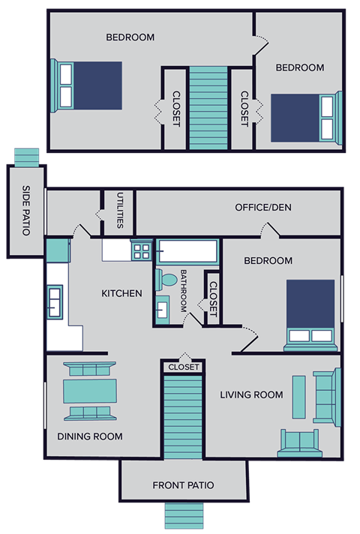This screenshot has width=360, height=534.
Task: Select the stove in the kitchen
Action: click(x=140, y=250)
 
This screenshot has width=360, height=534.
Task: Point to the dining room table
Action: click(x=90, y=391)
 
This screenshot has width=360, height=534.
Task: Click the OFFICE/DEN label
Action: click(x=262, y=208)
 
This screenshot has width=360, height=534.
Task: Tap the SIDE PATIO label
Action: click(x=25, y=211)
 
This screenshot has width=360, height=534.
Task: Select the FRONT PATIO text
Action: click(x=183, y=485)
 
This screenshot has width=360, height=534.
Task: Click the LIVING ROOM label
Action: click(x=251, y=394)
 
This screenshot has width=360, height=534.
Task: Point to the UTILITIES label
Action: click(x=119, y=211)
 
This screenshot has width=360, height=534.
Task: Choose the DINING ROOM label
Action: click(x=90, y=436)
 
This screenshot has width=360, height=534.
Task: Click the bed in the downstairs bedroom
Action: click(x=310, y=314)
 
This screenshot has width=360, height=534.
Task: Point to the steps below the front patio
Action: click(x=184, y=517)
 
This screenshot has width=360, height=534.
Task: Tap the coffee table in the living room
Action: click(x=298, y=397)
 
